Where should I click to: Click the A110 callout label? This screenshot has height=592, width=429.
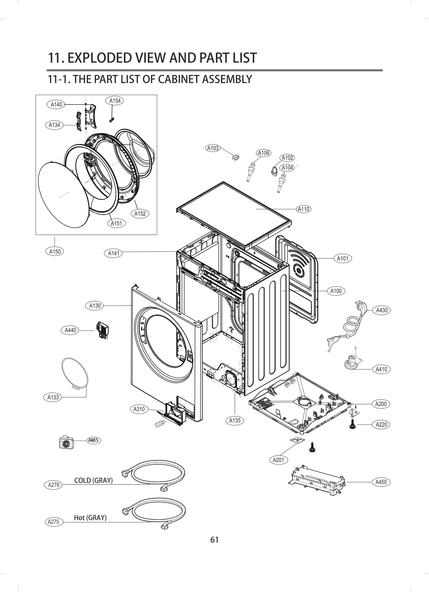(x=304, y=209)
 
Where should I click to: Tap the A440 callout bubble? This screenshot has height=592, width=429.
(x=71, y=330)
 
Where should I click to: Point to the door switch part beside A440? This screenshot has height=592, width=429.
(x=102, y=330)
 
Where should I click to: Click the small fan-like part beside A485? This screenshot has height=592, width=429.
(x=66, y=442)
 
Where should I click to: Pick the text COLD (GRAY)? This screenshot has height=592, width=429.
(x=93, y=480)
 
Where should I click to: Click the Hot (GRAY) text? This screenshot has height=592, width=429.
(x=90, y=517)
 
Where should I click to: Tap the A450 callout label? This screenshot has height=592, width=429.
(x=381, y=482)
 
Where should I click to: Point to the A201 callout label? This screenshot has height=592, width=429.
(x=278, y=460)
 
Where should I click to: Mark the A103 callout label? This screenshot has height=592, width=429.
(x=213, y=148)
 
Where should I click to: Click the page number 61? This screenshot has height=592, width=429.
(x=214, y=540)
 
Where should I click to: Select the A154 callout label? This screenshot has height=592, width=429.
(x=115, y=101)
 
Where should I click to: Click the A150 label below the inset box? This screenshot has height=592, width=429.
(x=55, y=251)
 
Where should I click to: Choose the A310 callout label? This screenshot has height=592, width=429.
(x=139, y=409)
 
